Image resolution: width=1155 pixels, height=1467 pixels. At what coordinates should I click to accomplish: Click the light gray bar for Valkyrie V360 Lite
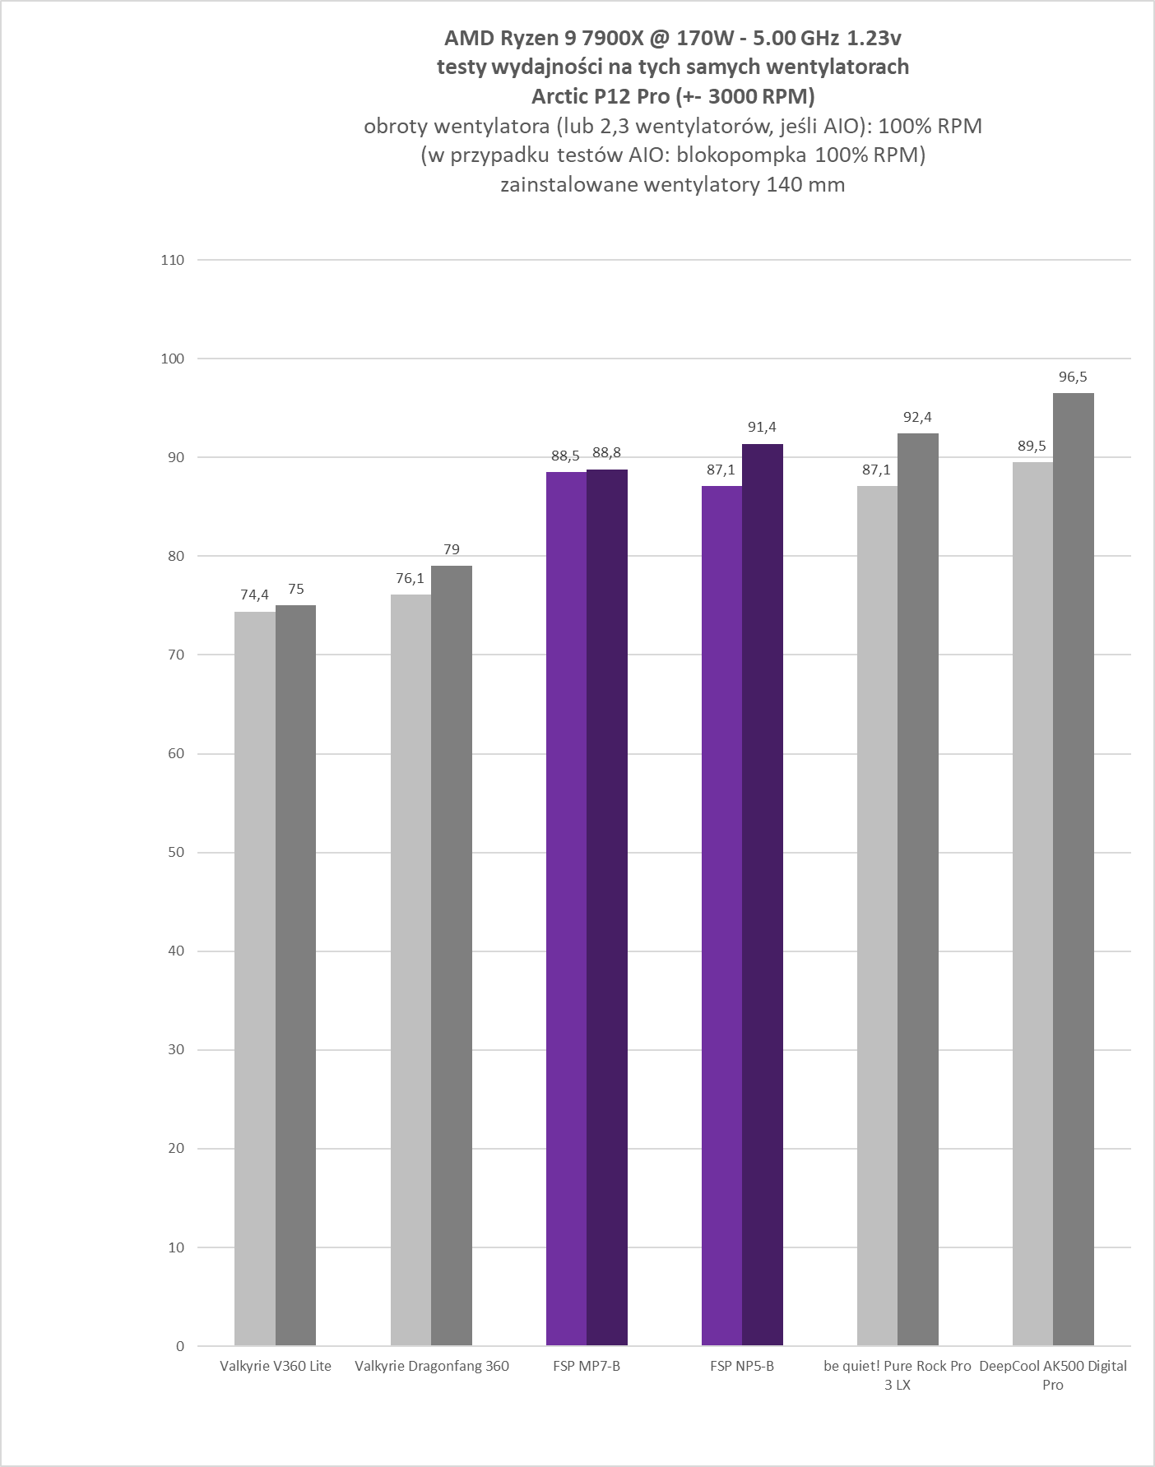coord(255,979)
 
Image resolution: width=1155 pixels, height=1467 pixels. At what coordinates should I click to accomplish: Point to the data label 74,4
coord(254,595)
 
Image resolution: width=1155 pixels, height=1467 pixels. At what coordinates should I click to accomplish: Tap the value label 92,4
coord(917,417)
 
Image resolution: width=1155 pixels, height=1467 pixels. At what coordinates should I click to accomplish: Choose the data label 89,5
coord(1032,446)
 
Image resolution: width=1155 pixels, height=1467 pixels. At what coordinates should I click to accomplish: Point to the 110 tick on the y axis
coord(174,260)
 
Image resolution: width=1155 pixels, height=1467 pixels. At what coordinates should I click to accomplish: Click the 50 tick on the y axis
coord(177,853)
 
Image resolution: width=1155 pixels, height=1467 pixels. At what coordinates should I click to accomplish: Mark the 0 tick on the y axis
coord(180,1346)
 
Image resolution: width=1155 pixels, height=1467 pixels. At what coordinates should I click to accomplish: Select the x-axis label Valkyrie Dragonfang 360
coord(432,1366)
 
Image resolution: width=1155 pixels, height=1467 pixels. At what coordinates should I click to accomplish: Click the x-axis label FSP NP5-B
coord(742,1366)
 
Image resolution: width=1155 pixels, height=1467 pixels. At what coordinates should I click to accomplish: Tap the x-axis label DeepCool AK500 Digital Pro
coord(1053,1375)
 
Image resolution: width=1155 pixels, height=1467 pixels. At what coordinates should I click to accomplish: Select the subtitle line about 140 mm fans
coord(672,184)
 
